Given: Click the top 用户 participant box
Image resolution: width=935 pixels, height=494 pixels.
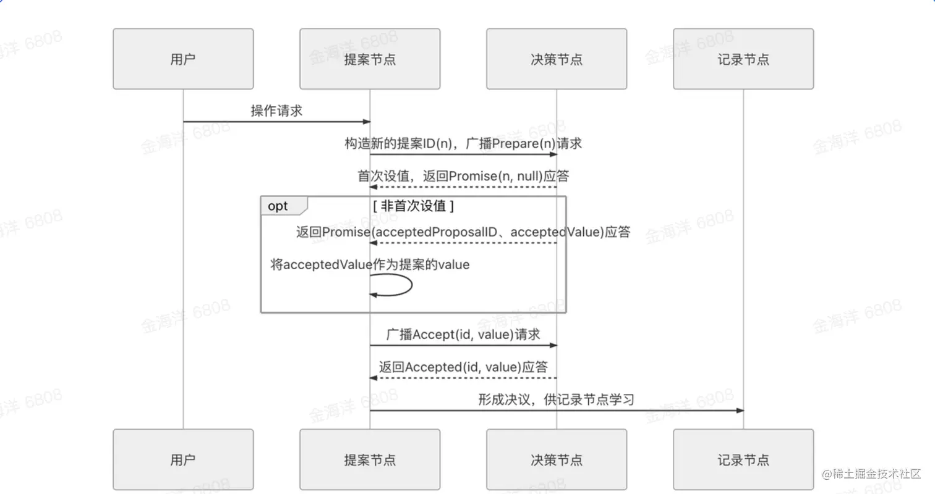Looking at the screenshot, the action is click(x=183, y=59).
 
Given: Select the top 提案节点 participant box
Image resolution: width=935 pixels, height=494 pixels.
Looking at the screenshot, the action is click(x=370, y=59).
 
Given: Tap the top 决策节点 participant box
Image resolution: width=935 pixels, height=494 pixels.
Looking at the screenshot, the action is click(x=557, y=59).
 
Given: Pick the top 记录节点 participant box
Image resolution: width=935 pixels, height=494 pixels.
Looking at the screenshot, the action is click(x=743, y=59).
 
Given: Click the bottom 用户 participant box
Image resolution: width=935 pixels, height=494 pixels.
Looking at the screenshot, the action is click(x=183, y=460).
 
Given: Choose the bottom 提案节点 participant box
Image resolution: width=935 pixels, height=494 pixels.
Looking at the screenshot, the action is click(x=370, y=460).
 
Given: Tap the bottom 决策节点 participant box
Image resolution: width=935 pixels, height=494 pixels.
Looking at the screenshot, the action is click(x=557, y=460).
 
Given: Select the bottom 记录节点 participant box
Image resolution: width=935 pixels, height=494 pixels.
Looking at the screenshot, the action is click(x=743, y=460).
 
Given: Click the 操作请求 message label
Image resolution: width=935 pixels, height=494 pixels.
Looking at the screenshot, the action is click(x=276, y=111).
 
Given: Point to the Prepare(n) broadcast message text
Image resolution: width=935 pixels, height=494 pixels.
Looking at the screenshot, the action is click(x=463, y=144).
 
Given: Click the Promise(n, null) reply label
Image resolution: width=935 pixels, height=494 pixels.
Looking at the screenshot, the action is click(x=463, y=176).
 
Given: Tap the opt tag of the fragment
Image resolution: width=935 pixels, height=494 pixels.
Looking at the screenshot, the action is click(x=278, y=206).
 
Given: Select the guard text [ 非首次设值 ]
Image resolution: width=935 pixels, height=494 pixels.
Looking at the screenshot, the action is click(x=413, y=206).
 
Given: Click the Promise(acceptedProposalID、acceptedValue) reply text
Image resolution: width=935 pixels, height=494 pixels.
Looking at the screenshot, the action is click(x=463, y=232).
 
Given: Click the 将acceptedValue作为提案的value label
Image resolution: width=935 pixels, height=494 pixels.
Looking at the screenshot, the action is click(x=370, y=265).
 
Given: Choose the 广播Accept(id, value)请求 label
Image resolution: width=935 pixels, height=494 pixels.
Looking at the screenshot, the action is click(x=463, y=334).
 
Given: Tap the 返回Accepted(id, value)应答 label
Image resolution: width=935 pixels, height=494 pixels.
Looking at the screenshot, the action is click(x=463, y=367).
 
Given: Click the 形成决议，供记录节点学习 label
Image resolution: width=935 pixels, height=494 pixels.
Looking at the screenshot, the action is click(x=557, y=400).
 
